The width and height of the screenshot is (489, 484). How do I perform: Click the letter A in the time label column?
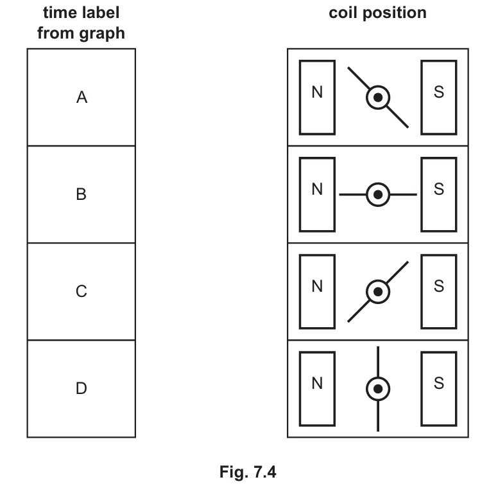click(x=81, y=98)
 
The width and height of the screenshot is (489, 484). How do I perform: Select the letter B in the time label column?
click(x=81, y=194)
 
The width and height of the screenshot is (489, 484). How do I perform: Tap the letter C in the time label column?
click(x=81, y=291)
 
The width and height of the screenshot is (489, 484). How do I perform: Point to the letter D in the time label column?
click(x=81, y=388)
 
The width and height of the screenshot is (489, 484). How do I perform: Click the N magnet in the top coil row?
click(x=317, y=97)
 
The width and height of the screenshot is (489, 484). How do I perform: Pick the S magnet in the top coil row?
click(x=439, y=97)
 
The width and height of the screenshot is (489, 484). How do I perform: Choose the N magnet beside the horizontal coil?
click(x=317, y=194)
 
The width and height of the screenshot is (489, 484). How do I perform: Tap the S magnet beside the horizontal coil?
click(x=439, y=194)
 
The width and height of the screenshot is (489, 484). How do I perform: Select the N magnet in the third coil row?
click(x=317, y=291)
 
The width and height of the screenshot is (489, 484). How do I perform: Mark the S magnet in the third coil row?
click(x=439, y=291)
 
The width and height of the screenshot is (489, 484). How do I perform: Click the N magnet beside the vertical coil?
click(x=317, y=388)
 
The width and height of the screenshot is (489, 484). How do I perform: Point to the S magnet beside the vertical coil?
click(x=439, y=388)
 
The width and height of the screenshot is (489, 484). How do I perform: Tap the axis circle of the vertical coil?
click(x=378, y=388)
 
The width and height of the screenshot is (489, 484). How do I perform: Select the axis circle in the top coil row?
click(x=378, y=98)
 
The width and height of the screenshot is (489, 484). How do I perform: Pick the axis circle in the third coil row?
click(x=378, y=291)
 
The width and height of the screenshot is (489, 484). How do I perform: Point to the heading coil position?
click(x=377, y=13)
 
